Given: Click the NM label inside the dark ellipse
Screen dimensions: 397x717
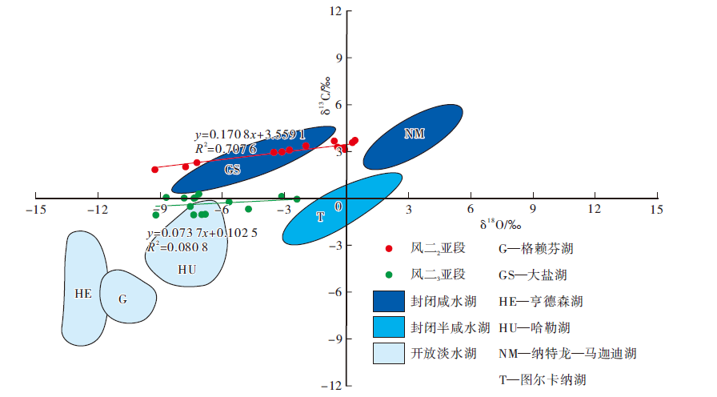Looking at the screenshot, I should pos(414,134).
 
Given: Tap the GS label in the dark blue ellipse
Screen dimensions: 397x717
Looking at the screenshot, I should pos(232,170).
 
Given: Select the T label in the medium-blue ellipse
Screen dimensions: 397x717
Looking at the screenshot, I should pos(320,216).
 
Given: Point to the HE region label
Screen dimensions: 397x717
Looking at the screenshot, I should pos(83,293).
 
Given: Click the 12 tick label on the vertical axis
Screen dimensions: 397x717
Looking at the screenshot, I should pos(334,11).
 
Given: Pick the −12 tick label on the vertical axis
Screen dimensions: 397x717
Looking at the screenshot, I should pos(331,386).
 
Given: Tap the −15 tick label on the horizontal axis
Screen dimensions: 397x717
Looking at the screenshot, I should pos(34,210).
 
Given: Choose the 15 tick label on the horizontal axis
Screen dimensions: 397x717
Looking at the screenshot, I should pos(657,210).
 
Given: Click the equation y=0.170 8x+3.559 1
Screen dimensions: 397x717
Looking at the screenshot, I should pos(250,135).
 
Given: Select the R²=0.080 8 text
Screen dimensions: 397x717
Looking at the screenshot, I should pos(178,247).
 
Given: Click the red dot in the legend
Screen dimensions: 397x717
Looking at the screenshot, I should pos(389,249).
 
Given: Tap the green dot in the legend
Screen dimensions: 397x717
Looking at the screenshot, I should pos(389,275).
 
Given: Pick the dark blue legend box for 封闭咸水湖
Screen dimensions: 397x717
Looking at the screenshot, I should pos(389,301).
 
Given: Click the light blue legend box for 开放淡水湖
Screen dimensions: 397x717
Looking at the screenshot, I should pos(389,353).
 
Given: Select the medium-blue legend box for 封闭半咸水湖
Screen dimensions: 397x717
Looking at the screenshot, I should pos(389,327).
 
